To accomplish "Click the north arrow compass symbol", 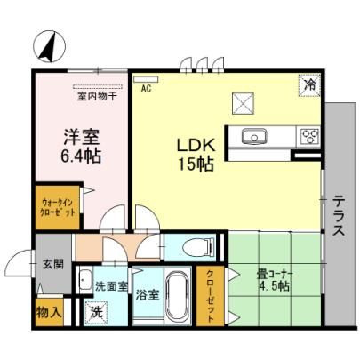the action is [x=49, y=46].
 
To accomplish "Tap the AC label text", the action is [x=146, y=88].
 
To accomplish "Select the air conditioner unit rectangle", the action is [x=146, y=79].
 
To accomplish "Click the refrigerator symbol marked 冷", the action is [x=309, y=85].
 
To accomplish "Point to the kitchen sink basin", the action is [x=254, y=136].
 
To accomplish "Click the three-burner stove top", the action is [x=310, y=136].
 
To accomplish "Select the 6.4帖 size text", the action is [x=81, y=156].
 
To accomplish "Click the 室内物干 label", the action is [x=97, y=97].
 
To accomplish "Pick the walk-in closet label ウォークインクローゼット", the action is [x=58, y=208].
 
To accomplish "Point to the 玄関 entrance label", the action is [x=53, y=263].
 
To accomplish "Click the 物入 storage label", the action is [x=49, y=312].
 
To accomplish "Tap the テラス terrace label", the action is [x=339, y=215].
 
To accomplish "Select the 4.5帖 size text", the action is [x=274, y=286].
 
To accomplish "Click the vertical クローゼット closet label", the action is [x=210, y=296].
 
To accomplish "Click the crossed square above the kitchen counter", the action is [x=243, y=103].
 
